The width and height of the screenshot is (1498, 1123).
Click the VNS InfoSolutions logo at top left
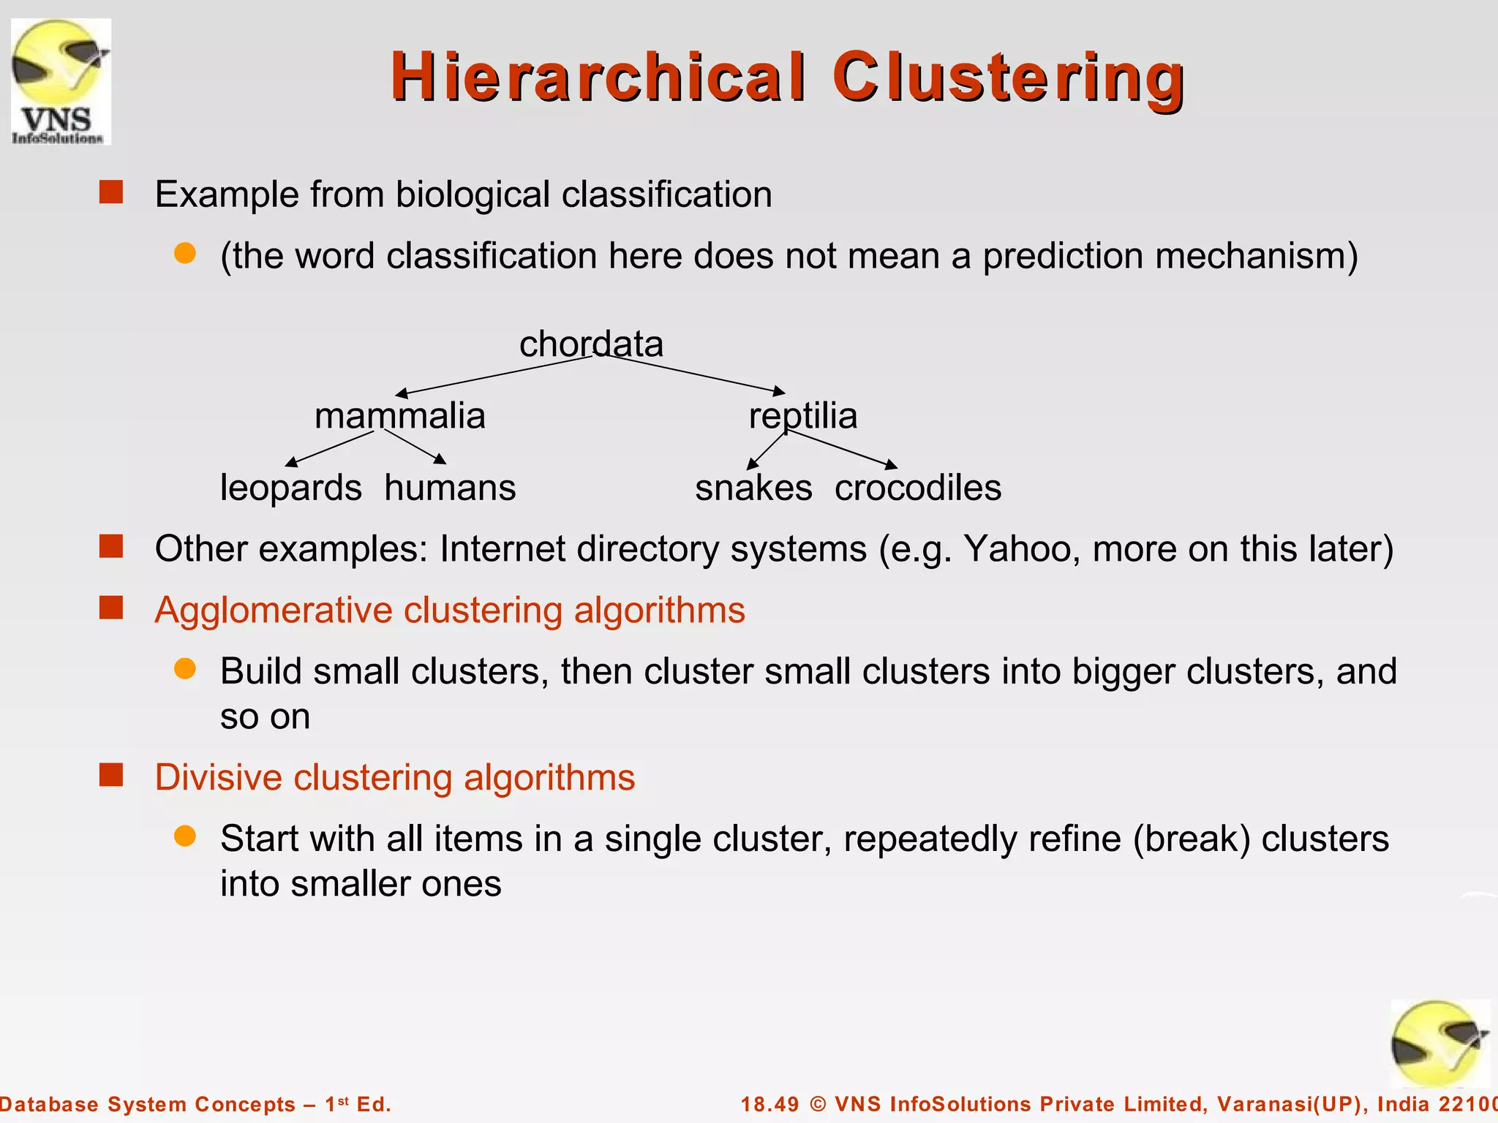tap(61, 81)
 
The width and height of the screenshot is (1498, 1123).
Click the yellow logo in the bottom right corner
tap(1439, 1044)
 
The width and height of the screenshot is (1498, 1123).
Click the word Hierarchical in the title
tap(598, 77)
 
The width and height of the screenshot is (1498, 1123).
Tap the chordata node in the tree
tap(591, 344)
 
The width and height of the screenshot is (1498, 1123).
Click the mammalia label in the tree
tap(399, 416)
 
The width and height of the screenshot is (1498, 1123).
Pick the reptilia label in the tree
tap(802, 416)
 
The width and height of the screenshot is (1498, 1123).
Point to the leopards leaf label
tap(290, 488)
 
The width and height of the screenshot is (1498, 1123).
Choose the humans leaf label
tap(450, 488)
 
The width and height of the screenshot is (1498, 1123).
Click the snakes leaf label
tap(753, 488)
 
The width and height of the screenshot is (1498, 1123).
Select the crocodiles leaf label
tap(917, 488)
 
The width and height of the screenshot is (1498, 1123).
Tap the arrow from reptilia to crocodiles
tap(841, 449)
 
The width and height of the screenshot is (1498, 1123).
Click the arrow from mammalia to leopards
tap(329, 447)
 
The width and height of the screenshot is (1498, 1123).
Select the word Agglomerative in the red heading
tap(273, 610)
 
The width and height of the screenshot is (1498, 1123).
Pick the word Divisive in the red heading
tap(218, 777)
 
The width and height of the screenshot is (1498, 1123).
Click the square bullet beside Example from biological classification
tap(111, 193)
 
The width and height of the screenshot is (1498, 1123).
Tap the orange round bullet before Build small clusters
tap(185, 669)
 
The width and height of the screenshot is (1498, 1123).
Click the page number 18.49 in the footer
tap(769, 1104)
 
